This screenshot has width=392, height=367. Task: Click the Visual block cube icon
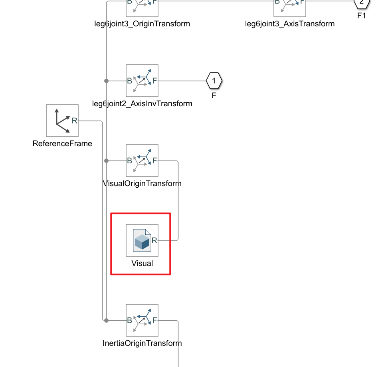tap(141, 241)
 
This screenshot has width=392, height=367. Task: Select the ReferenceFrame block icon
tap(62, 121)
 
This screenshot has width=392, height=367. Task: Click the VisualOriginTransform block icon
tap(142, 161)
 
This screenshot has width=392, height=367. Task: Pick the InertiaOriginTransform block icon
tap(142, 320)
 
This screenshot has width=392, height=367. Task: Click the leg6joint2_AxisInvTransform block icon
tap(142, 81)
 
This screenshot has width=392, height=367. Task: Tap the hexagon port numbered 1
tap(214, 81)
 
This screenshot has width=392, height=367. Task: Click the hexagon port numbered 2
tap(362, 2)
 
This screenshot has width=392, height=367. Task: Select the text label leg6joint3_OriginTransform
tap(141, 24)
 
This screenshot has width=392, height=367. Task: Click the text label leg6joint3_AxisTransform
tap(290, 24)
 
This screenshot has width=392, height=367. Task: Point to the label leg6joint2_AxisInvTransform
tap(142, 104)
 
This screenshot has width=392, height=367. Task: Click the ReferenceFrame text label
tap(62, 144)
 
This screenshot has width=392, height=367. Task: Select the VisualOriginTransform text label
tap(142, 184)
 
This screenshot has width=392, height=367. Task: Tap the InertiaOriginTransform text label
tap(142, 343)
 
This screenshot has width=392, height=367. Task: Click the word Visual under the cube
tap(142, 264)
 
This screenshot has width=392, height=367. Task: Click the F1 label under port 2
tap(362, 16)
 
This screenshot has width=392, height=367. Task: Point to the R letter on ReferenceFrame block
tap(74, 120)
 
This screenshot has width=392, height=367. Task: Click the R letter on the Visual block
tap(154, 240)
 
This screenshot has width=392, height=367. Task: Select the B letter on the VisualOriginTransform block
tap(129, 161)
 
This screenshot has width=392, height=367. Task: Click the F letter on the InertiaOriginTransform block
tap(155, 320)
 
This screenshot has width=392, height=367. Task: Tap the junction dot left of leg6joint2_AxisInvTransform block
tap(106, 81)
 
